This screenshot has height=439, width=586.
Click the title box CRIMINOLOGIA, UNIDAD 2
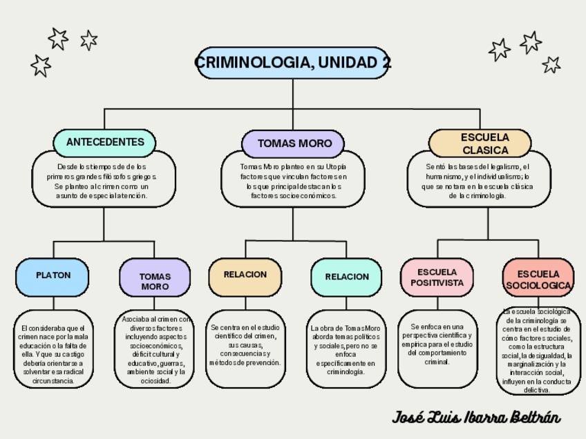293,63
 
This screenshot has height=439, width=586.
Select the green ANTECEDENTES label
105,142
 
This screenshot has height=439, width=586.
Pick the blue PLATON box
53,275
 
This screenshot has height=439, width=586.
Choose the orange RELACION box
245,275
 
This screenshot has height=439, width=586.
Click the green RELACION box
346,277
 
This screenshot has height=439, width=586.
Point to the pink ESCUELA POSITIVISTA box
437,277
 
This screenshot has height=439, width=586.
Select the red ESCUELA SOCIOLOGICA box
538,279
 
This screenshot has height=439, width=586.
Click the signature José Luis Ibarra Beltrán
476,417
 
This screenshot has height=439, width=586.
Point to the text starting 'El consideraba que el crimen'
53,353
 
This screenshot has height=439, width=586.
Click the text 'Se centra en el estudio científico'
245,344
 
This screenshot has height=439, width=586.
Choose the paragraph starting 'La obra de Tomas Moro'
346,349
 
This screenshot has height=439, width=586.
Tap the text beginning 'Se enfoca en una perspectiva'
437,344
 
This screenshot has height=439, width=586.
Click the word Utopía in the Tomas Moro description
336,167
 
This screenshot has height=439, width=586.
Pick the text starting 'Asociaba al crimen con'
155,350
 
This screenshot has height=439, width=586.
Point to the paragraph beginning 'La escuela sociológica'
537,351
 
